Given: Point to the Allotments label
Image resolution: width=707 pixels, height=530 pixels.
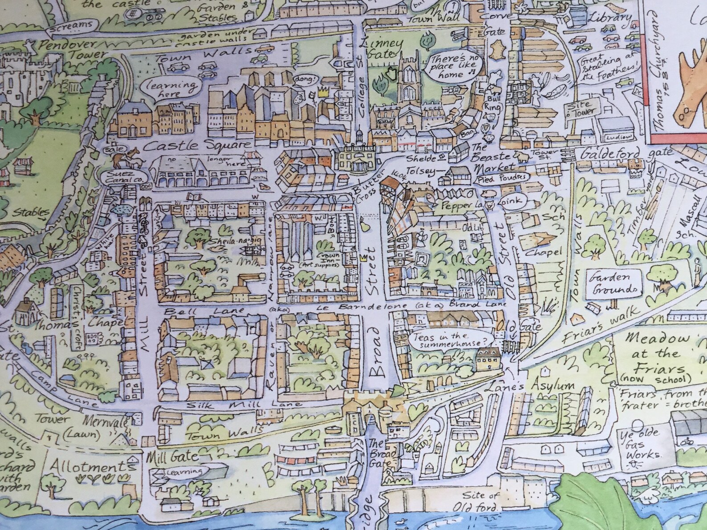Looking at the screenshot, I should [x=93, y=466].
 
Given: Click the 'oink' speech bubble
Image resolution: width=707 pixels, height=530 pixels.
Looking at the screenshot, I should [x=512, y=202].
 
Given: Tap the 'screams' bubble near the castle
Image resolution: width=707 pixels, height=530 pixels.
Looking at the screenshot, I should [x=70, y=26].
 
